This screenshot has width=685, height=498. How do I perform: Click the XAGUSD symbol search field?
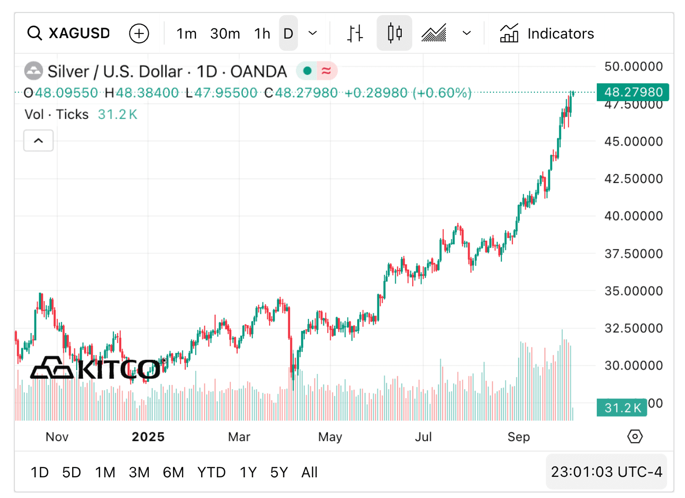coord(69,34)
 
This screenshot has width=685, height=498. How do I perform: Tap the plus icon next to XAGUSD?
coord(139,34)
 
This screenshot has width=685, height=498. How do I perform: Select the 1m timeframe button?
coord(186,34)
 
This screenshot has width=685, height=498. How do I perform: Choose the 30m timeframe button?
coord(225,34)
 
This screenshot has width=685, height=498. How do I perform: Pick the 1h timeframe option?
coord(262,34)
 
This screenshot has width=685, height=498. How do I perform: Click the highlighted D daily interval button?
coord(288,34)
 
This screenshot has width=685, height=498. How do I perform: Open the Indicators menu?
coord(547,34)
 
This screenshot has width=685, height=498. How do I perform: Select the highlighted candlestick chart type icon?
coord(394,34)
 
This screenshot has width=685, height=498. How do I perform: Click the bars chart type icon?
coord(355,34)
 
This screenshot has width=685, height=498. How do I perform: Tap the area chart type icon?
coord(434,34)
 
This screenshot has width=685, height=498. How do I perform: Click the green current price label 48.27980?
coord(633,92)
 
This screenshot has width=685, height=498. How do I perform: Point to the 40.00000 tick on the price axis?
coord(633,216)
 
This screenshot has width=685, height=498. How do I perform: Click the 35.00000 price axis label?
coord(633,291)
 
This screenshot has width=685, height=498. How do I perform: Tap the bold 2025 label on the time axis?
coord(148,437)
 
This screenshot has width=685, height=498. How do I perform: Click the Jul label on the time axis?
coord(423,437)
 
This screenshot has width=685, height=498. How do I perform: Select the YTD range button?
coord(211,472)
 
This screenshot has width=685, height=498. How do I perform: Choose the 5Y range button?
coord(279,472)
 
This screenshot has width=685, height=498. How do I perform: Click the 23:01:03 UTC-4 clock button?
coord(606,472)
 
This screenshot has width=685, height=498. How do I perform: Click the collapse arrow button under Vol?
coord(39,141)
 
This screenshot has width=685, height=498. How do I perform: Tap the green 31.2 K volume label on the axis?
coord(622,408)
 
